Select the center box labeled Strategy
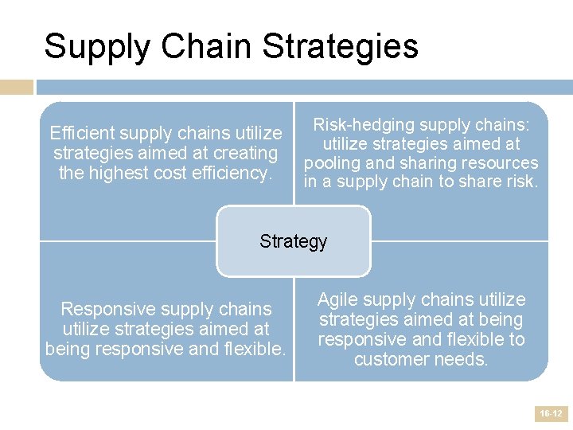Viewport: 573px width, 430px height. (x=293, y=241)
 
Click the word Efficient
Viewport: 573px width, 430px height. (x=83, y=133)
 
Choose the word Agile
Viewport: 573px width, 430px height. (x=339, y=300)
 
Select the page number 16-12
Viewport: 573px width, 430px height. (x=551, y=413)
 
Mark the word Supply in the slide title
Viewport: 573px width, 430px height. (x=96, y=46)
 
